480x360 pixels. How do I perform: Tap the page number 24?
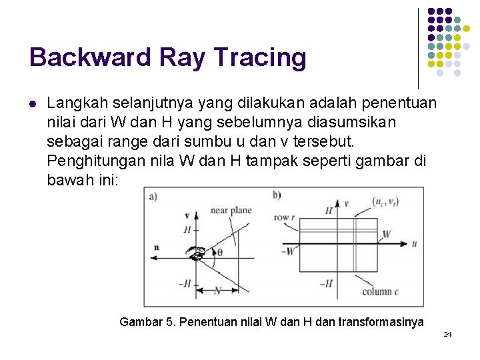[x=447, y=333]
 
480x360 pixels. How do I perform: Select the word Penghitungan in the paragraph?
[x=91, y=161]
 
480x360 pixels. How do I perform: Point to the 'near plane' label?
[x=231, y=210]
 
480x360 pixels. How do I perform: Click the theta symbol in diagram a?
[x=220, y=253]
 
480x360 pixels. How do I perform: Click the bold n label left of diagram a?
[x=156, y=247]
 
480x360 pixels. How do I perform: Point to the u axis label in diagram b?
[x=414, y=244]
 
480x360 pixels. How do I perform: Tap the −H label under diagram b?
[x=325, y=283]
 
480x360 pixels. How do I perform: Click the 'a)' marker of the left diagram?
[x=153, y=195]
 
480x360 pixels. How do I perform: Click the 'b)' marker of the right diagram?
[x=277, y=195]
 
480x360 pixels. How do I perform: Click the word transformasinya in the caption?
[x=381, y=322]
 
